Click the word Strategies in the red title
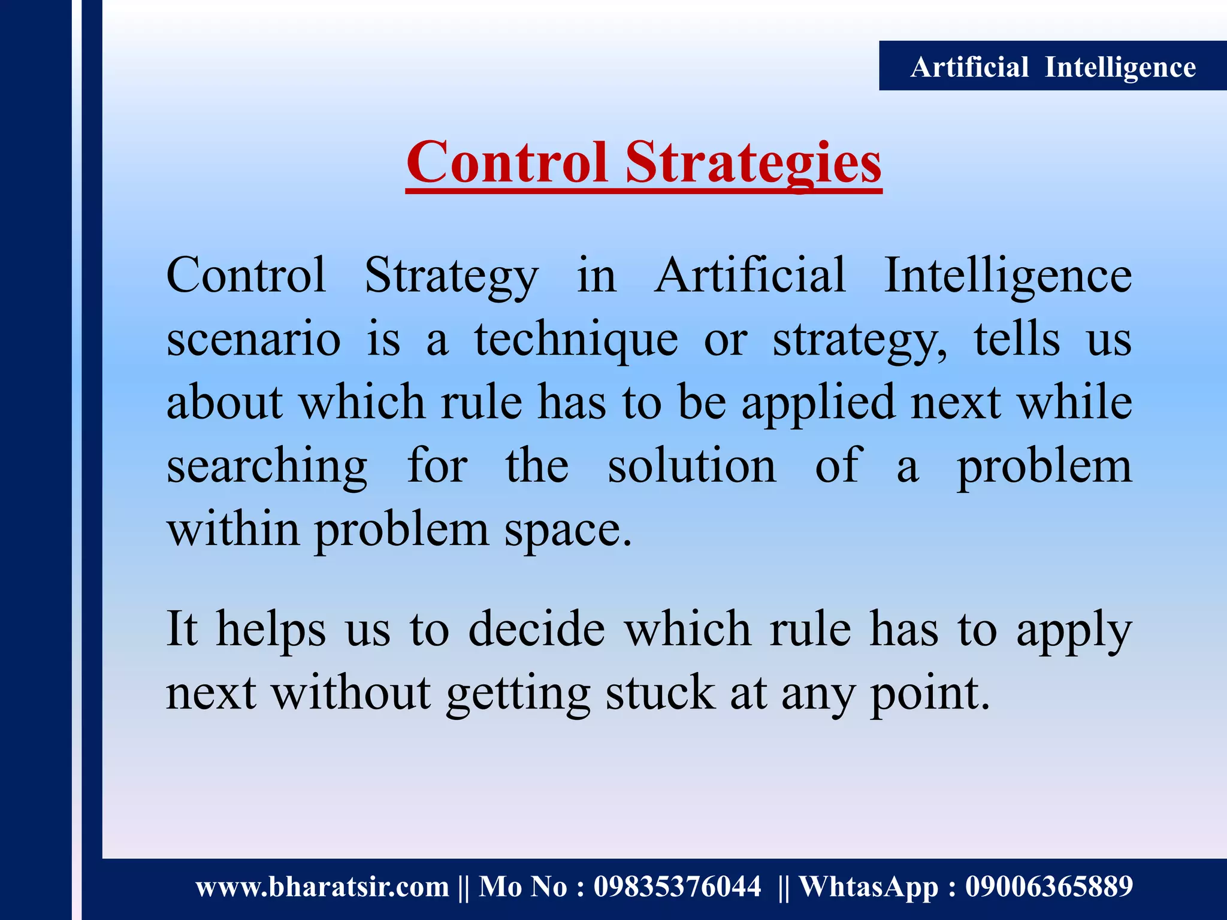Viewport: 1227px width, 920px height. tap(753, 163)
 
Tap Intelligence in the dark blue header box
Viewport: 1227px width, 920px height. tap(1120, 67)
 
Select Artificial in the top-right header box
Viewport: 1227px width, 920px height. tap(969, 67)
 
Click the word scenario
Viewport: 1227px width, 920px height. tap(253, 340)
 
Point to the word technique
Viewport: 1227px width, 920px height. tap(576, 340)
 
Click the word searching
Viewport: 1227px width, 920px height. tap(267, 467)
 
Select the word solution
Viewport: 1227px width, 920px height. tap(692, 467)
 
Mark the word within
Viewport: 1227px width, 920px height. tap(233, 529)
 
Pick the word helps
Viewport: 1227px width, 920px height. tap(271, 630)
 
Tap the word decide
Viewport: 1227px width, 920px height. tap(536, 630)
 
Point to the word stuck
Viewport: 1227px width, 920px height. tap(660, 693)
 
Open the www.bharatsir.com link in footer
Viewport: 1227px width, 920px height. tap(322, 887)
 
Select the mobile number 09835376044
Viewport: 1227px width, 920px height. tap(677, 887)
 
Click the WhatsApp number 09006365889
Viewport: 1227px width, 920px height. tap(1048, 887)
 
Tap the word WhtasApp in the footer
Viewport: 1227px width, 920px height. tap(869, 887)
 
